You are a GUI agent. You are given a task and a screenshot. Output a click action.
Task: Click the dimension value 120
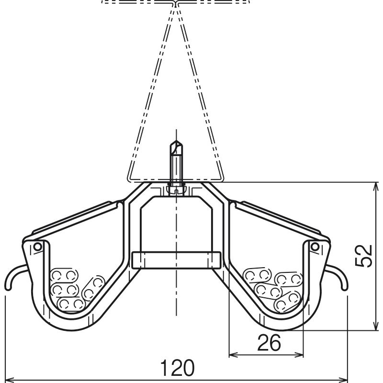point(177,368)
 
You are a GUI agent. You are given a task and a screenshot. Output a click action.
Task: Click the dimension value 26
point(269,343)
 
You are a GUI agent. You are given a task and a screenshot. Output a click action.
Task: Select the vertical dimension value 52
point(363,256)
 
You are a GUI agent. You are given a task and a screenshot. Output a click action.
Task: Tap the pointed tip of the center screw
point(176,141)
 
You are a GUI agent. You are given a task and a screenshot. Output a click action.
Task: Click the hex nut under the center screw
point(176,190)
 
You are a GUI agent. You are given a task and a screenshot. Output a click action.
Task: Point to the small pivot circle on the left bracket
point(38,247)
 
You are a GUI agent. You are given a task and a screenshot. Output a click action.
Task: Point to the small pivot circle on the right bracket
point(315,247)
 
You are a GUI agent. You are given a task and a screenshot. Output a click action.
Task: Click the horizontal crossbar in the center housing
point(176,260)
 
